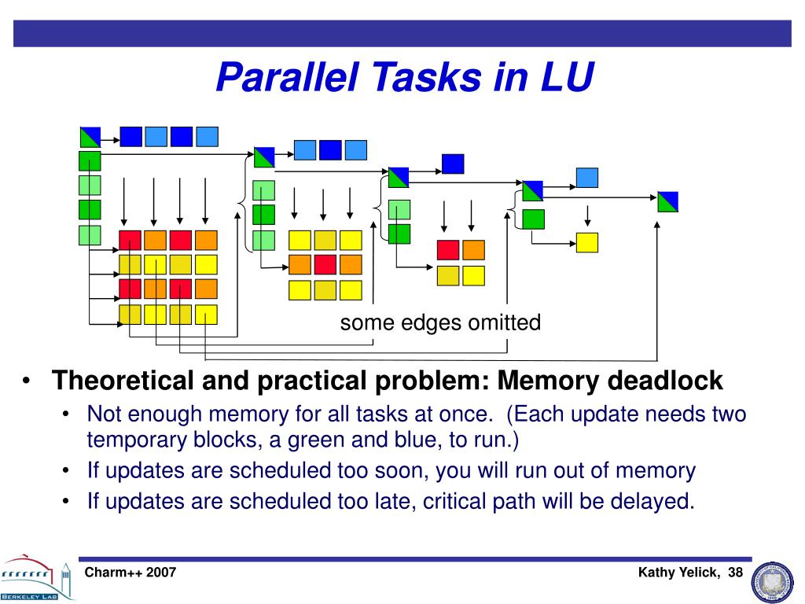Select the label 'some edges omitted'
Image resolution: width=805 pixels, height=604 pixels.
(440, 322)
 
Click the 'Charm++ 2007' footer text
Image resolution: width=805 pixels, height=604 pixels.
(130, 573)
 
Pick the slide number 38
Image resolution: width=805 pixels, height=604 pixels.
(735, 573)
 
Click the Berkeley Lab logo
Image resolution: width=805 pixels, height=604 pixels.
(36, 579)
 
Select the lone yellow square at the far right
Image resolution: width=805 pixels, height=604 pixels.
(586, 242)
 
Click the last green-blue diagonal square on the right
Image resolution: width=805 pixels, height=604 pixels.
(667, 202)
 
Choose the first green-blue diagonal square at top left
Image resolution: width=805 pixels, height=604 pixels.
(90, 136)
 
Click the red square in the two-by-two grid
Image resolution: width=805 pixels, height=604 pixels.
(448, 250)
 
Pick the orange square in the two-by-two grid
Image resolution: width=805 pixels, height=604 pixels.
(474, 250)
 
